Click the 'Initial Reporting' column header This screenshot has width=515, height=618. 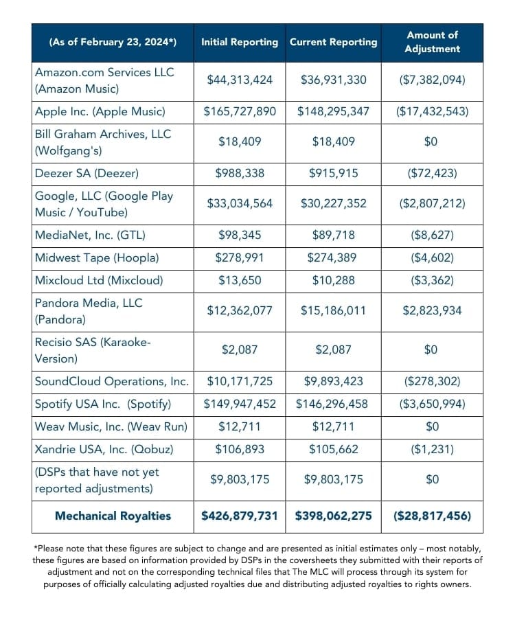pyautogui.click(x=239, y=42)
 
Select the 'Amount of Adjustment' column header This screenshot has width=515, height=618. pyautogui.click(x=432, y=42)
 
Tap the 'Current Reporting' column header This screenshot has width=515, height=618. pyautogui.click(x=333, y=42)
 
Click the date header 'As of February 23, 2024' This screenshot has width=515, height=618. pyautogui.click(x=113, y=42)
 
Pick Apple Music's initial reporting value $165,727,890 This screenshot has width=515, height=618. pyautogui.click(x=240, y=111)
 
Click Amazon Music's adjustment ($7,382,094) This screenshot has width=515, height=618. pyautogui.click(x=432, y=80)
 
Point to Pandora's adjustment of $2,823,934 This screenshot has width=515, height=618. pyautogui.click(x=432, y=310)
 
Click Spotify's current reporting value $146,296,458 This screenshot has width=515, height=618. pyautogui.click(x=333, y=404)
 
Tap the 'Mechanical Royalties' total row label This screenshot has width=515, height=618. pyautogui.click(x=113, y=516)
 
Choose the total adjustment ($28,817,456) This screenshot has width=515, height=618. pyautogui.click(x=432, y=516)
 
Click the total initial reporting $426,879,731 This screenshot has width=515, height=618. pyautogui.click(x=240, y=516)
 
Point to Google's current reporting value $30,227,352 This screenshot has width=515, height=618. pyautogui.click(x=333, y=203)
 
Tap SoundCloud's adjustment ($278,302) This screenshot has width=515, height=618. pyautogui.click(x=432, y=381)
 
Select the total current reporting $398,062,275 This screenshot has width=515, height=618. pyautogui.click(x=333, y=516)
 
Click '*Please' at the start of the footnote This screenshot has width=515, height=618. pyautogui.click(x=50, y=548)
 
